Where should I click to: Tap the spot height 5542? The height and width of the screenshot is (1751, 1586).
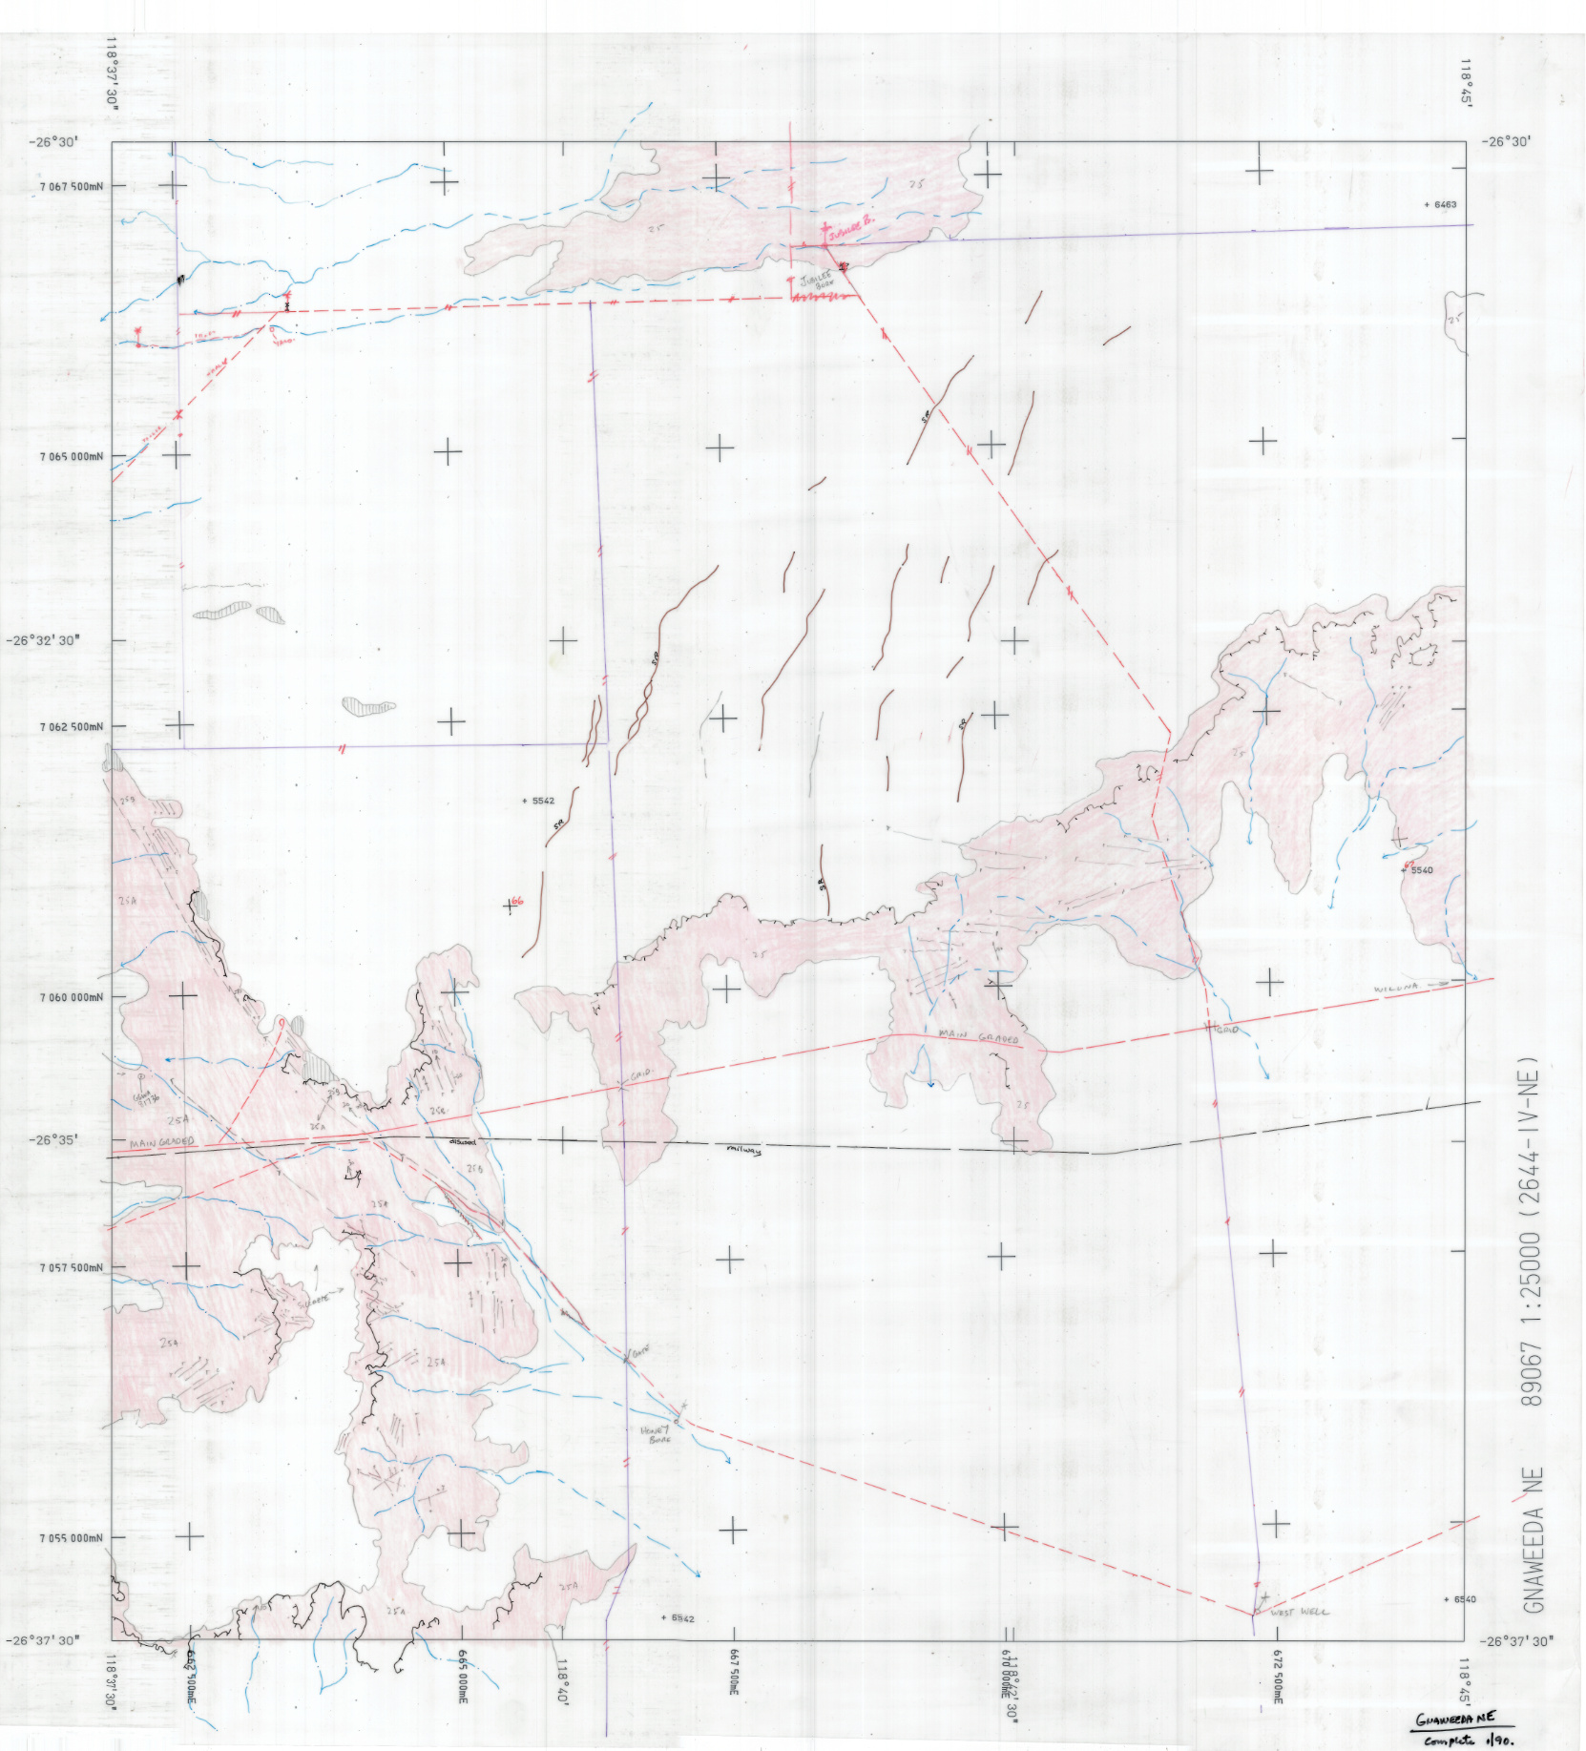[x=542, y=801]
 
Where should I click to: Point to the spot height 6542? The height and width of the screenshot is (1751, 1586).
[x=681, y=1618]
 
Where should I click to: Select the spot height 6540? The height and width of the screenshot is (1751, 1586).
[x=1463, y=1599]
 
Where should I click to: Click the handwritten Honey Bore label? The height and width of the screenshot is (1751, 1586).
[x=657, y=1434]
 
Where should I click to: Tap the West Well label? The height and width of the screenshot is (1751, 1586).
[x=1300, y=1612]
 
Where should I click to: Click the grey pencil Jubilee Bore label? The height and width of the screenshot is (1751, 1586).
[x=817, y=281]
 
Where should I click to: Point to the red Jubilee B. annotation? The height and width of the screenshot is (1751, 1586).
[x=851, y=226]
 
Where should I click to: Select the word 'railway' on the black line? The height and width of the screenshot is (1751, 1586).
[x=744, y=1151]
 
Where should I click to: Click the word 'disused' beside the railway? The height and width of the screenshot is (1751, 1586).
[x=463, y=1141]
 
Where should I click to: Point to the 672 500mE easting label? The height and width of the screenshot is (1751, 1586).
[x=1277, y=1676]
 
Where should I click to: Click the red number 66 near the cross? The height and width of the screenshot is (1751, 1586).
[x=517, y=901]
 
